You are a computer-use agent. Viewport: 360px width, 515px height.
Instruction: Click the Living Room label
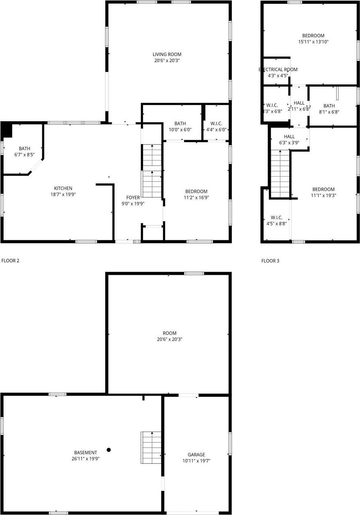click(x=167, y=54)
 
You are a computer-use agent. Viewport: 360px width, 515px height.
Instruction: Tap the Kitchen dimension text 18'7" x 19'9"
click(x=62, y=194)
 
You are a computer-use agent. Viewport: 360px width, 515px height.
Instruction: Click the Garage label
click(x=196, y=455)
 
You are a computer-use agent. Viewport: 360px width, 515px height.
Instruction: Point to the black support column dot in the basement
click(x=109, y=450)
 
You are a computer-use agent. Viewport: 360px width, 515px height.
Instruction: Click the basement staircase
click(x=151, y=447)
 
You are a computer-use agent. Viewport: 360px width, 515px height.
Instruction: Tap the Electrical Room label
click(x=278, y=69)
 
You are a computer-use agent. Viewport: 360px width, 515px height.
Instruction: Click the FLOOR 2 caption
click(x=11, y=260)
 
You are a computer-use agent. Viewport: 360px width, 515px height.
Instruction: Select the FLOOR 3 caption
click(x=270, y=260)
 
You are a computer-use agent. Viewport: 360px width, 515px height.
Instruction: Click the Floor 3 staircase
click(x=281, y=173)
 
